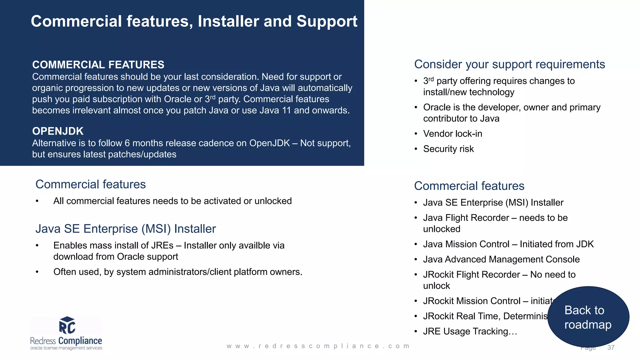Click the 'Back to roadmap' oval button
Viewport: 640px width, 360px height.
588,317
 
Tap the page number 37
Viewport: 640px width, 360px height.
611,347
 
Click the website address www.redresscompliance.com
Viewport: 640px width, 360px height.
318,346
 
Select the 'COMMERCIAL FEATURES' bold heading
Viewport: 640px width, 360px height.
98,65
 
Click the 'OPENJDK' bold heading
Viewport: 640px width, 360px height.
58,131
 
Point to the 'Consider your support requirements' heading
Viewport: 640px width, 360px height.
509,64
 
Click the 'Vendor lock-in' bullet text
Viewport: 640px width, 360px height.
452,134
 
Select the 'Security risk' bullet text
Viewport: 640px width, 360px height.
448,149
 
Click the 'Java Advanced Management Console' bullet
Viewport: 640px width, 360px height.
501,259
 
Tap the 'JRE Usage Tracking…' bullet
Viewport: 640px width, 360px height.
470,331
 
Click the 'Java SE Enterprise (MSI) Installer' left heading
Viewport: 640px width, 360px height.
126,229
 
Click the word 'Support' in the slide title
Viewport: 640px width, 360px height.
327,22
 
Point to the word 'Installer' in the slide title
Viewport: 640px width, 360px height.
228,22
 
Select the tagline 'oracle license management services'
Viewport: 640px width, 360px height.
66,348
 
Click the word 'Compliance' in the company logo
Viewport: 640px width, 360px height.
80,341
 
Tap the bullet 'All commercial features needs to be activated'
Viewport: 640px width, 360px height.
172,201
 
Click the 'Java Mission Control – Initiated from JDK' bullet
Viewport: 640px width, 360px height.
508,244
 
